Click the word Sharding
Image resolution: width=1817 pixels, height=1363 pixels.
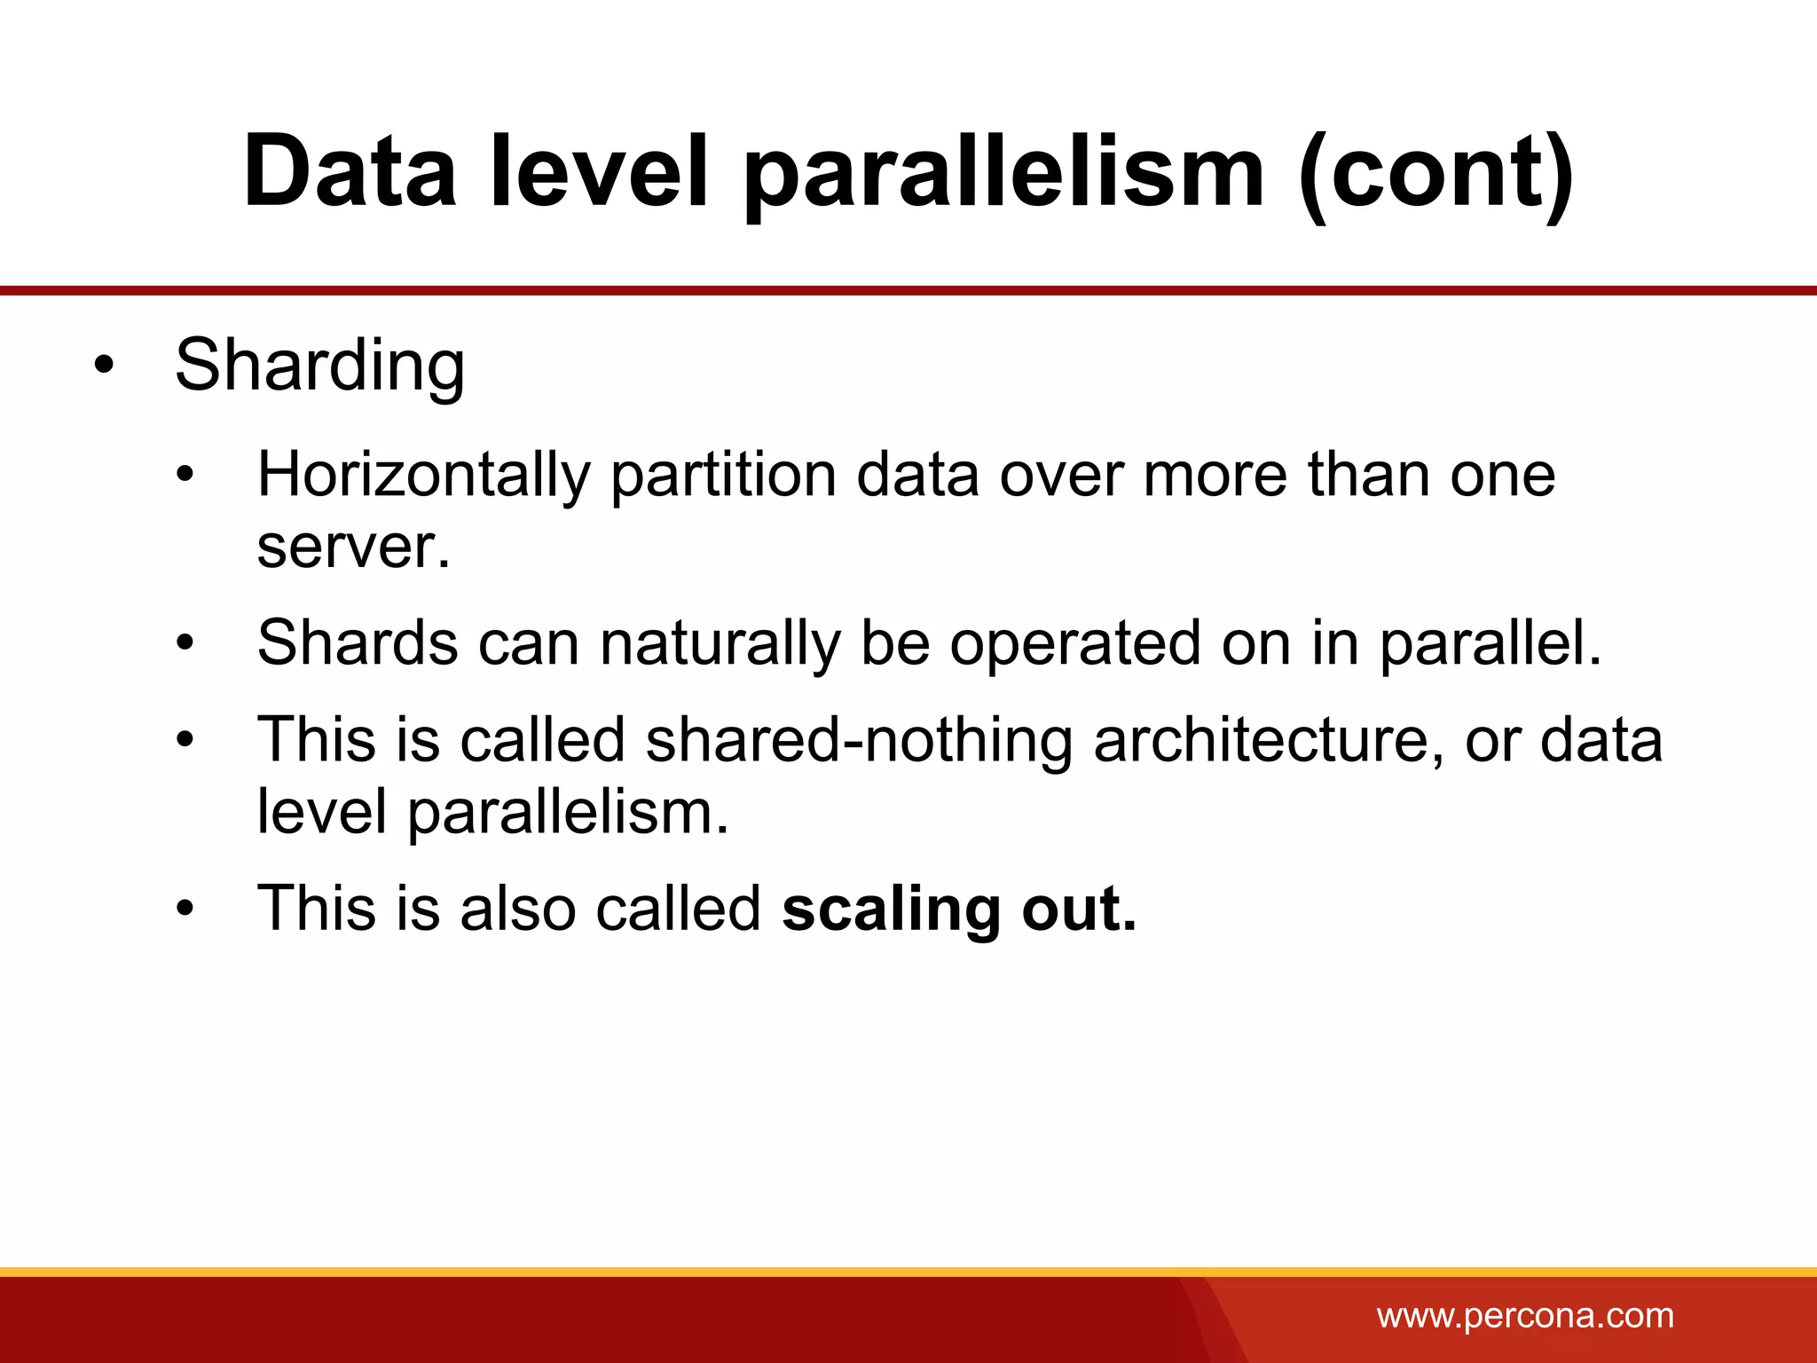point(319,365)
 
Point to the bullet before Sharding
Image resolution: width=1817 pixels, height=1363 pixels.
point(104,366)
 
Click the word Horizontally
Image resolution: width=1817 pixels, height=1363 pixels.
point(423,475)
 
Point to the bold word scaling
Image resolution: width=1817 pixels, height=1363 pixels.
point(892,909)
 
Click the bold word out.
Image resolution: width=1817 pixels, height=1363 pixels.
point(1078,909)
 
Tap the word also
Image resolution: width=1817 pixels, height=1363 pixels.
point(518,909)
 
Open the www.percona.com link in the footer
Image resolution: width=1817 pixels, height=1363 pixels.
point(1524,1316)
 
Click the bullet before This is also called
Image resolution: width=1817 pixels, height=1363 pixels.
point(185,910)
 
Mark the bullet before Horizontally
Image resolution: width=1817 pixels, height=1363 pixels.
point(185,476)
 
